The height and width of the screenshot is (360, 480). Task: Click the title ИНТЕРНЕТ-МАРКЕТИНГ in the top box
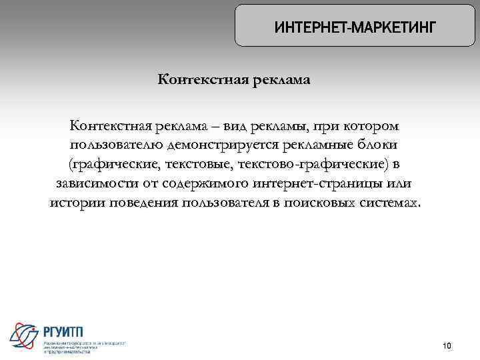coord(355,28)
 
